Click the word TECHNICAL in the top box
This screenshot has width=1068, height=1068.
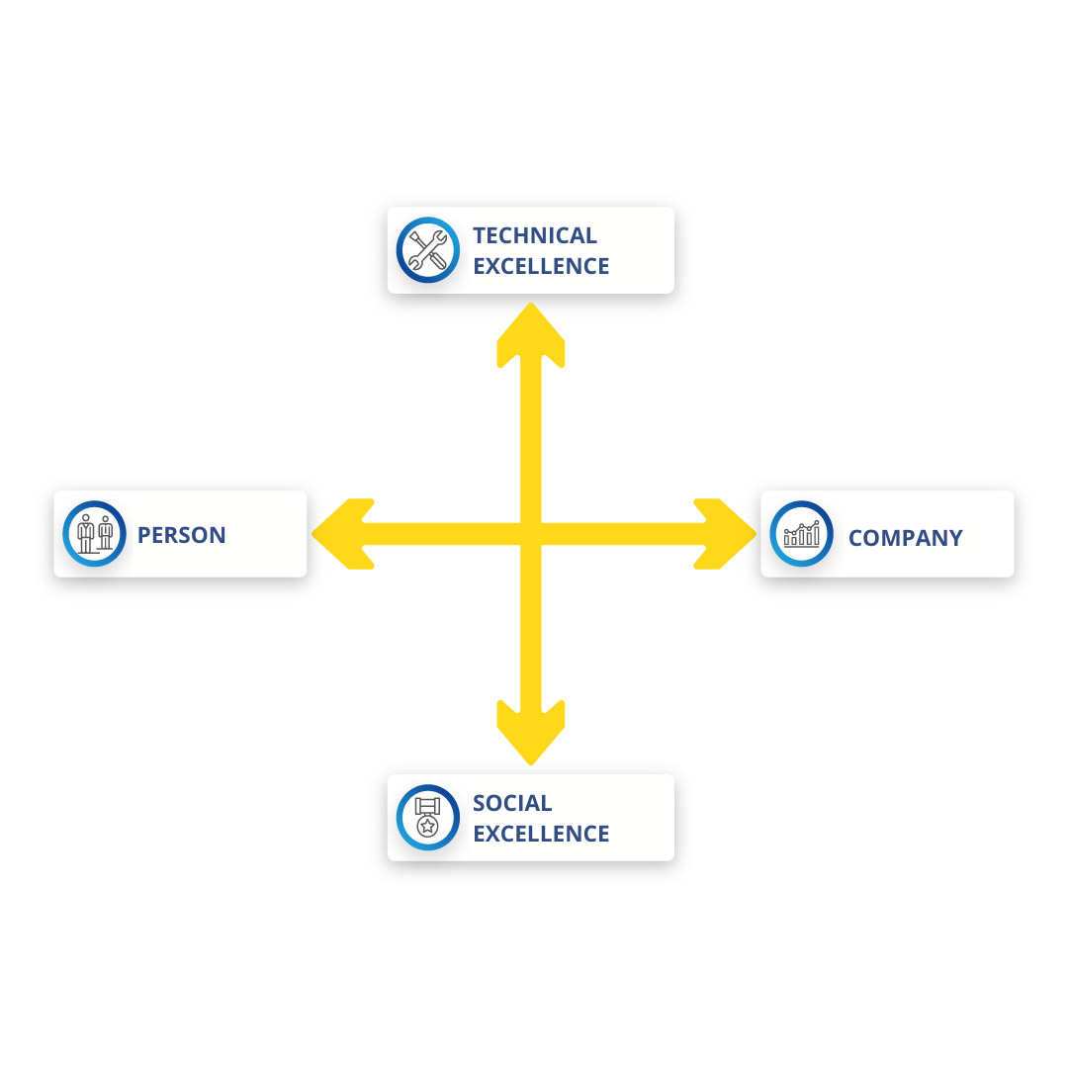[534, 235]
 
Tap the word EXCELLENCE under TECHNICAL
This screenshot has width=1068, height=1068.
[540, 266]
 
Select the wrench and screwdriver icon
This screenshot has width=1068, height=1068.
[428, 250]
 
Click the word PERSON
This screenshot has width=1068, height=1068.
[181, 535]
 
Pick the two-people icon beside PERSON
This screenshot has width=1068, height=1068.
[95, 533]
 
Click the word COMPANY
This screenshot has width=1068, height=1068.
[905, 538]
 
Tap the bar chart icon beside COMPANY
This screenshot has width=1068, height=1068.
[801, 534]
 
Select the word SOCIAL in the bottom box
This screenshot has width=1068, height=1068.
[512, 803]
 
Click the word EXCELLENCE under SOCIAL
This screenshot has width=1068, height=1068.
[540, 834]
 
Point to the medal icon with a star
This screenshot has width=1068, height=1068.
[427, 817]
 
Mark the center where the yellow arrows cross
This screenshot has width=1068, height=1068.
[531, 534]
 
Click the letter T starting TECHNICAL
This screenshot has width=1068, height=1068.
[480, 235]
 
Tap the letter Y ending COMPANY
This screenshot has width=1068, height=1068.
[954, 538]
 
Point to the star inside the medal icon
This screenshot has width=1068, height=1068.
[427, 826]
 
